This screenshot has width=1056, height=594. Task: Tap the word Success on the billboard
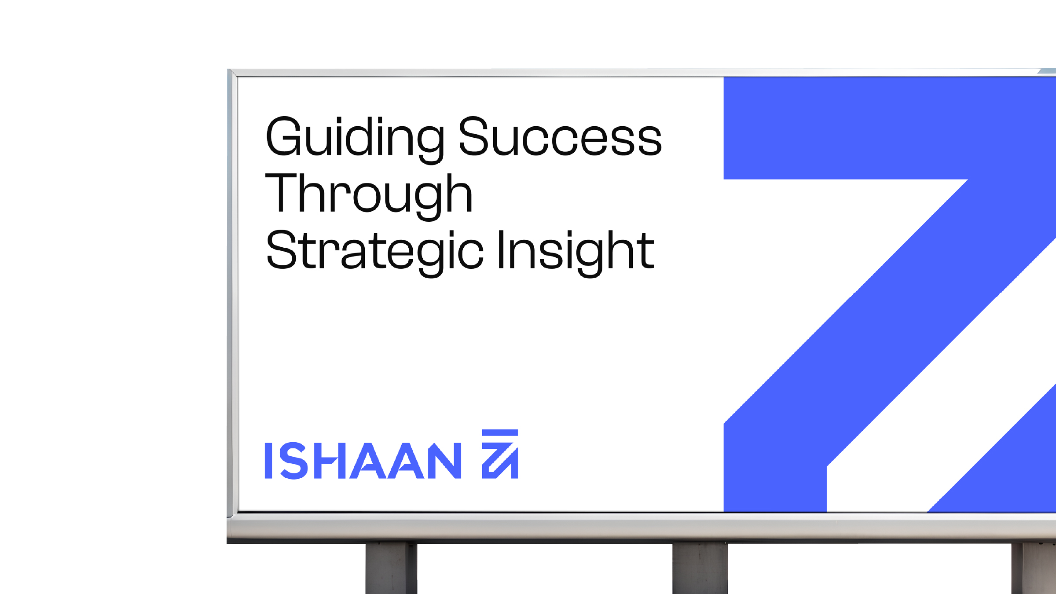[560, 136]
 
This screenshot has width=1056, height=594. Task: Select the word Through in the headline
[369, 196]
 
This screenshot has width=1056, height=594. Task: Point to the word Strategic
[375, 253]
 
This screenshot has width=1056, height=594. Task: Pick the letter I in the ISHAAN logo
[268, 461]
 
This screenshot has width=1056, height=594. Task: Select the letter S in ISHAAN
[293, 461]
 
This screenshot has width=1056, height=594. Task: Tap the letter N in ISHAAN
[444, 461]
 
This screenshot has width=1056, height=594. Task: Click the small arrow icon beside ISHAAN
[500, 454]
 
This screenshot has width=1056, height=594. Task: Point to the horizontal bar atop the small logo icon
[500, 433]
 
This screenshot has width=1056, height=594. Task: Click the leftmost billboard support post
[391, 568]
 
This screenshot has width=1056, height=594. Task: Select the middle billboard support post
[700, 568]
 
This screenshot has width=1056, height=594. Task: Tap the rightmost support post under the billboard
[1034, 568]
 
